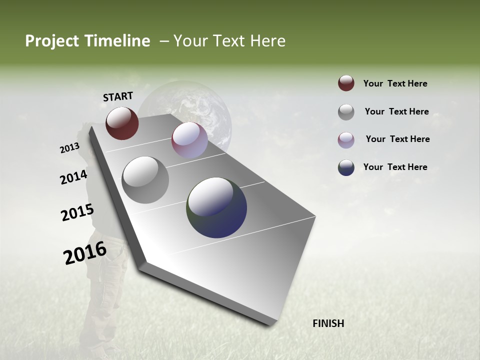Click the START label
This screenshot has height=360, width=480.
click(x=118, y=96)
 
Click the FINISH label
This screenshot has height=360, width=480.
click(x=328, y=323)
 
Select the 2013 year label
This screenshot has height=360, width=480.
click(x=69, y=148)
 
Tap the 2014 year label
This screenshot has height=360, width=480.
click(x=74, y=177)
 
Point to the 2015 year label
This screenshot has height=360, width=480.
click(x=77, y=212)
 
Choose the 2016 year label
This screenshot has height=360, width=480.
click(x=85, y=253)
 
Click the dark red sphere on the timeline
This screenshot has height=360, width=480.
click(x=122, y=123)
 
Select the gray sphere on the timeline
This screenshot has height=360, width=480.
click(x=145, y=180)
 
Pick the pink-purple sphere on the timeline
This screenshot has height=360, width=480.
click(x=189, y=140)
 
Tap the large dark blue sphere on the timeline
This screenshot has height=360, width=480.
click(x=216, y=207)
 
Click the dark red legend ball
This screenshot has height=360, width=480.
click(x=346, y=83)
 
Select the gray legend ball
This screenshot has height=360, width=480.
click(x=346, y=111)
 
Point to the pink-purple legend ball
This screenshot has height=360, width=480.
click(x=346, y=139)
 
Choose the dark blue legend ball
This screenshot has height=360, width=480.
click(x=346, y=167)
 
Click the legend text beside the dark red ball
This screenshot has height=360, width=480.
click(x=395, y=83)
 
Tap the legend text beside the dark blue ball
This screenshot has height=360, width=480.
click(x=395, y=167)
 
